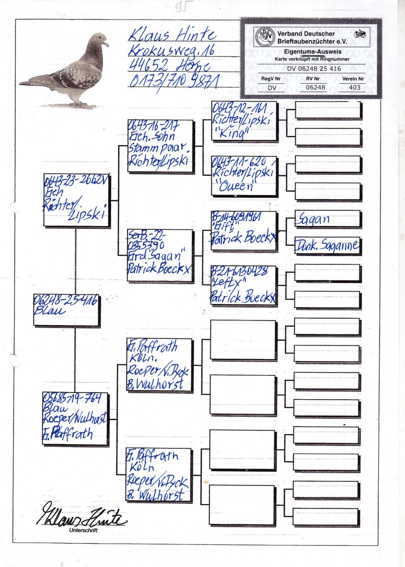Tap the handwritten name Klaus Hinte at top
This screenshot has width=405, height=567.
coord(172,34)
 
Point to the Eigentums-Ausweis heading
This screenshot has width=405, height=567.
coord(313,52)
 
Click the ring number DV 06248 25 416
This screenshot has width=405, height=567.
coord(314,69)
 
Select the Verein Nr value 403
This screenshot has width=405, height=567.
coord(354,88)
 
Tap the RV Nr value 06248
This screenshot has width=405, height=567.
coord(315,88)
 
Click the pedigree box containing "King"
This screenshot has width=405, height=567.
coord(244,121)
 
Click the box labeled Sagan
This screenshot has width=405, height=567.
coord(327,219)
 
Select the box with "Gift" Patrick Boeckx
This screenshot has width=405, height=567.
coord(244,231)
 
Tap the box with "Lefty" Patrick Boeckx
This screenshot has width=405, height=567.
coord(243,285)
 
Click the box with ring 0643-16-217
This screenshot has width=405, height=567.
coord(160,146)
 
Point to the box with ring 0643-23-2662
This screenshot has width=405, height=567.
coord(77,200)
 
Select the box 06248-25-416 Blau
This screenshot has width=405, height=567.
coord(66,310)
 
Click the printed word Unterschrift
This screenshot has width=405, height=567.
coord(83,530)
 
